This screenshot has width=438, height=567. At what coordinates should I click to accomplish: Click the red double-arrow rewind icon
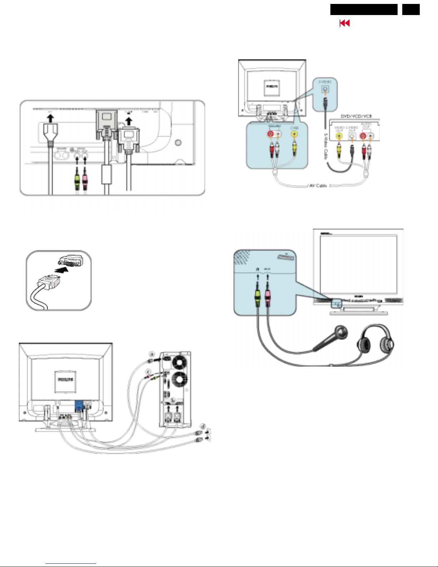[344, 23]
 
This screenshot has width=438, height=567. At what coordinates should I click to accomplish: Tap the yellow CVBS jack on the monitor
[294, 134]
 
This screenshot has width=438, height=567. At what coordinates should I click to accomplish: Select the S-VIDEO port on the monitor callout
[325, 89]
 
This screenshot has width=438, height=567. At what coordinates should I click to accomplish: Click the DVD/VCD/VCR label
[356, 116]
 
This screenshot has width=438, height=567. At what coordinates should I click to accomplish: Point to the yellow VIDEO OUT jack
[339, 136]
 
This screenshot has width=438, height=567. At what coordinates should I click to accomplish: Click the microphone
[331, 338]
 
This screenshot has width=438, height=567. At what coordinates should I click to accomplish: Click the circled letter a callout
[152, 354]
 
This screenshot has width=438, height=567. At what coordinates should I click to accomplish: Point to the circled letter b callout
[173, 400]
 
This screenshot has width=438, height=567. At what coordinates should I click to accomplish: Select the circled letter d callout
[203, 426]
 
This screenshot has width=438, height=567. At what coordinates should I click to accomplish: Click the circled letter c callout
[148, 372]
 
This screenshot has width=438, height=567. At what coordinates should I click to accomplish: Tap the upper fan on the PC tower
[179, 362]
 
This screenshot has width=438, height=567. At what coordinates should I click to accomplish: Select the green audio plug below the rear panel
[77, 181]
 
